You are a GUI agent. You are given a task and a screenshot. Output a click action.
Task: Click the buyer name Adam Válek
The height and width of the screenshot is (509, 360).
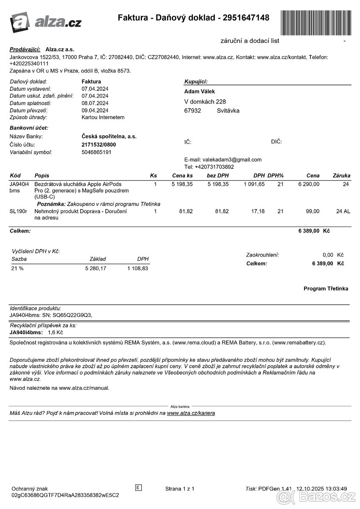tap(199, 92)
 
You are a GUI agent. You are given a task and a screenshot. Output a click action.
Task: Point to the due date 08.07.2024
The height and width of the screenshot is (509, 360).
tap(95, 103)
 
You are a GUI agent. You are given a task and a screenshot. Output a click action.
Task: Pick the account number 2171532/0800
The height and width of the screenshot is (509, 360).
tap(98, 145)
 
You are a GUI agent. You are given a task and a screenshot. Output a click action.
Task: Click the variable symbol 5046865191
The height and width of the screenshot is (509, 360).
tap(97, 152)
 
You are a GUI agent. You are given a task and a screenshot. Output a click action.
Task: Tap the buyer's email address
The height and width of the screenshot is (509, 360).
tap(232, 159)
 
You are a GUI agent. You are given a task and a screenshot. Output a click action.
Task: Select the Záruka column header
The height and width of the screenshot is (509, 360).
tap(341, 176)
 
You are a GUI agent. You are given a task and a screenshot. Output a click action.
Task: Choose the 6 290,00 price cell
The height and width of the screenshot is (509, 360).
tap(309, 184)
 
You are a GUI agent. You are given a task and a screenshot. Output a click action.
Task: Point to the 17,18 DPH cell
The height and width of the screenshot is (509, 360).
tap(258, 211)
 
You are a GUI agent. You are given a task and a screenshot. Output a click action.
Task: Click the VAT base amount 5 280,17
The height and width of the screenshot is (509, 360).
tap(95, 268)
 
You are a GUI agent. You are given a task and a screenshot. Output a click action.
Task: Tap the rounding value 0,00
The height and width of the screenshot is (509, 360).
tap(328, 255)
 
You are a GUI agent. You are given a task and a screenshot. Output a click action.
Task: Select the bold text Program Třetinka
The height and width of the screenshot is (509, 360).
tap(326, 289)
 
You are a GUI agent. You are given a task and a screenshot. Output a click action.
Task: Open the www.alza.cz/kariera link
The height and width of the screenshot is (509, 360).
tap(191, 413)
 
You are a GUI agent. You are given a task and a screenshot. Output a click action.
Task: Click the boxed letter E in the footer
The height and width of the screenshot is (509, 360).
tap(138, 487)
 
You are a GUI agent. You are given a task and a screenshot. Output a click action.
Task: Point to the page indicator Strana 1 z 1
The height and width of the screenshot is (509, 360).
tap(180, 489)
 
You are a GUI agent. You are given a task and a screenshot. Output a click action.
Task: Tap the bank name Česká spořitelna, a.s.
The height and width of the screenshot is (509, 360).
tap(109, 137)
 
